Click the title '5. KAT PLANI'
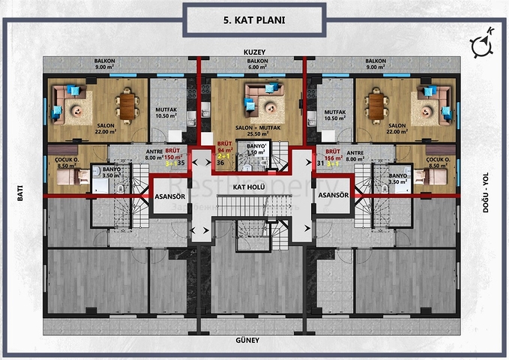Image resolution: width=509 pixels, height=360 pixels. point(254,20)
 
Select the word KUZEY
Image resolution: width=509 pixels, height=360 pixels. point(255,52)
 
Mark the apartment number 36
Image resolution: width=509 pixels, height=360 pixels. point(220,163)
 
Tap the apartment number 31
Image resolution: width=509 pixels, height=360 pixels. point(320,162)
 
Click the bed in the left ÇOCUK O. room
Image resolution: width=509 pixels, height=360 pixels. point(71,176)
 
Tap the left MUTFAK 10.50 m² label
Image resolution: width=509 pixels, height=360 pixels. point(166,113)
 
